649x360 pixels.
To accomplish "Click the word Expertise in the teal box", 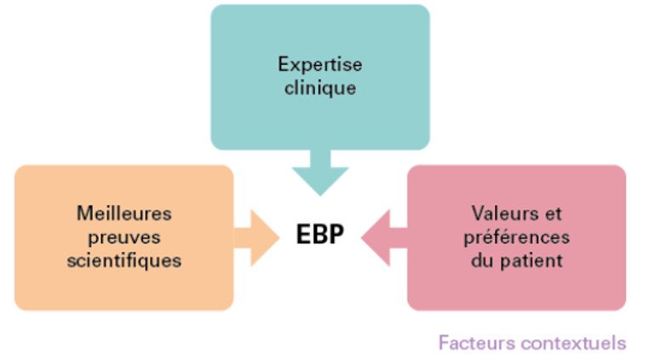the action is [320, 65].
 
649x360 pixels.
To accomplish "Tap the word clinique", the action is [320, 88].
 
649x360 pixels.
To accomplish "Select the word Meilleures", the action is [124, 214].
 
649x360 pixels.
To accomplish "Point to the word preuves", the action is [124, 238].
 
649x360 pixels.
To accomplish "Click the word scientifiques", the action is [124, 261].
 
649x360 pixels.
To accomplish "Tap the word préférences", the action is [516, 238].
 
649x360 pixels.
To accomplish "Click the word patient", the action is [531, 261].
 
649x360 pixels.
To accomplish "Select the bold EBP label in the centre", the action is [320, 234].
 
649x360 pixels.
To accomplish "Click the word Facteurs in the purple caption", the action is [476, 343].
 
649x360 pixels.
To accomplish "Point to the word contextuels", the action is [573, 343].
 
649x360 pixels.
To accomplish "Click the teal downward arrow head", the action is [320, 181].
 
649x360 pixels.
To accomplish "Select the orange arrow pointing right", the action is [257, 238].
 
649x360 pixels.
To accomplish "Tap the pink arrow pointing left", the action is [383, 238].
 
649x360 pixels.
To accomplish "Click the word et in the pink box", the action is [554, 214].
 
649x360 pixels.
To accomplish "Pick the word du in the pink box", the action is [483, 261].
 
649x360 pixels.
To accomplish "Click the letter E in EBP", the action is [303, 234].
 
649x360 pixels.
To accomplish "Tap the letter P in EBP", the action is [337, 234].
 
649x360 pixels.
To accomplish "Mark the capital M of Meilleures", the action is [84, 214].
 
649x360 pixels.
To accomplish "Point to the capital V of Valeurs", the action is [480, 214].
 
